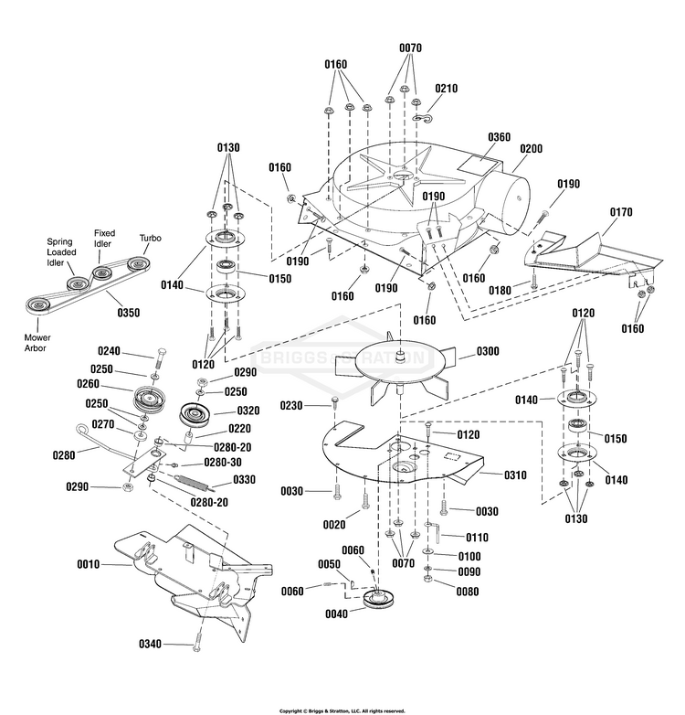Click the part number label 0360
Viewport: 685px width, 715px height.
[x=499, y=137]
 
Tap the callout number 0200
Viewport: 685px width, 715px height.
[x=531, y=149]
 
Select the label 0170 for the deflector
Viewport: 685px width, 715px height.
[x=621, y=212]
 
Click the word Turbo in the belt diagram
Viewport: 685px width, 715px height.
[x=151, y=238]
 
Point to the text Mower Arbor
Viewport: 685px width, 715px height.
[x=37, y=343]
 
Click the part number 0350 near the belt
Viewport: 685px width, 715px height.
[x=129, y=313]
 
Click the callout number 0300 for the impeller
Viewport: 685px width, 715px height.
[x=488, y=351]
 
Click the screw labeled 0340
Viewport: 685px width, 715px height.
[x=196, y=643]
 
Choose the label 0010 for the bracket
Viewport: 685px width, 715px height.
[x=88, y=564]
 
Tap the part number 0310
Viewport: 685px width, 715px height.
[x=515, y=475]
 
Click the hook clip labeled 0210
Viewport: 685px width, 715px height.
[x=423, y=119]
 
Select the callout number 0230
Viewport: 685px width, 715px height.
[x=291, y=405]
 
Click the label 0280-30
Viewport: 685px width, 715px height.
[x=223, y=463]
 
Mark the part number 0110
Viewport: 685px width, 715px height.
[x=477, y=538]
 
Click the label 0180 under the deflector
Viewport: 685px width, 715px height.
[x=500, y=291]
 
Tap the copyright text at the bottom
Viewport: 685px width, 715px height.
[x=342, y=711]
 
